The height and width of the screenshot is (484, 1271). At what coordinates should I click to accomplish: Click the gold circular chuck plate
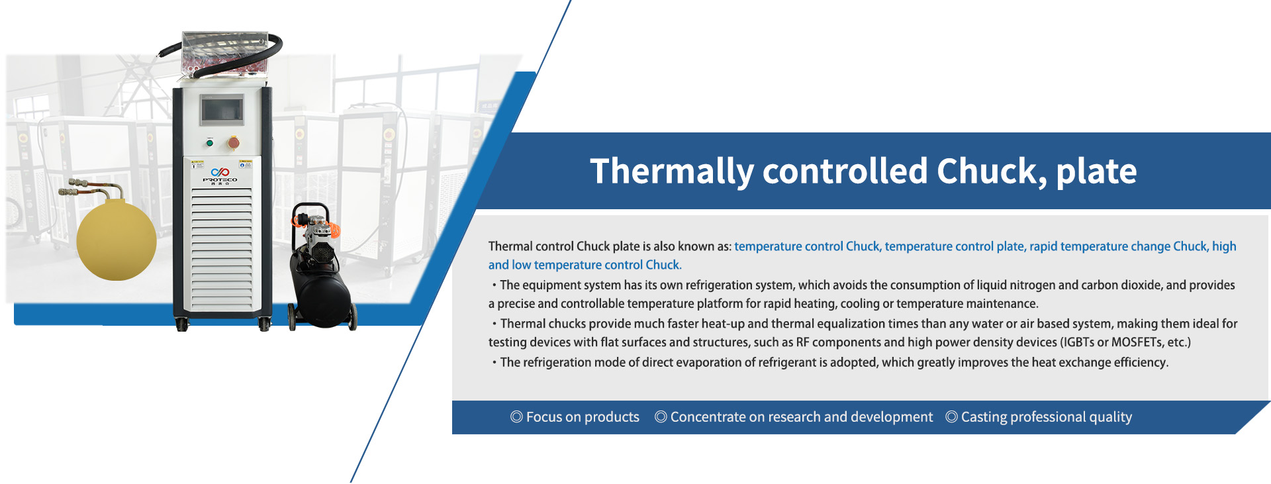coord(117,240)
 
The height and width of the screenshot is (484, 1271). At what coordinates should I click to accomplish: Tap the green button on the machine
coord(210,142)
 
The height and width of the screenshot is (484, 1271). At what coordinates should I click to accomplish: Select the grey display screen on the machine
coord(222,109)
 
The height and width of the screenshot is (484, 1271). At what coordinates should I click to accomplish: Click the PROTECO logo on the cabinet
coord(220,176)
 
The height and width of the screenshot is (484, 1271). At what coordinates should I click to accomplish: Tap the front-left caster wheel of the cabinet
coord(182,324)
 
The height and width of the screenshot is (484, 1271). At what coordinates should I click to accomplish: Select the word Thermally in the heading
coord(672,172)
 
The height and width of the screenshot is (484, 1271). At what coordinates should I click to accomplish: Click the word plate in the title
coord(1096,172)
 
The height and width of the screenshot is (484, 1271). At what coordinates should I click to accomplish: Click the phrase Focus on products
coord(583,417)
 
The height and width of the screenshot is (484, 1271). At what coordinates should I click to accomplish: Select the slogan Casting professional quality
coord(1047,417)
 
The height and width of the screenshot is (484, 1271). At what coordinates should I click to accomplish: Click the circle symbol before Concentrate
coord(661,416)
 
